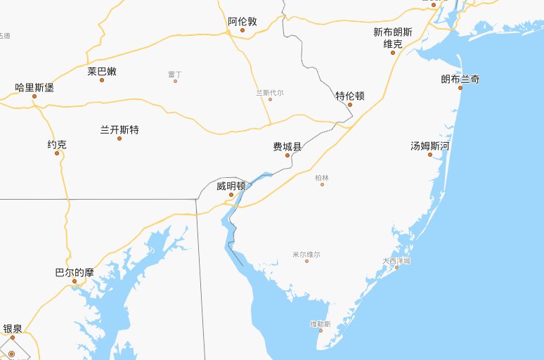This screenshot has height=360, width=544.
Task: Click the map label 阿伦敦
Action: click(242, 21)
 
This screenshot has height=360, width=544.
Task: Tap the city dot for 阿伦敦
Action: click(242, 30)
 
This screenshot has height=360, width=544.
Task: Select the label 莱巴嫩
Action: click(102, 71)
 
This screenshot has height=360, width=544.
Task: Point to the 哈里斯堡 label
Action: click(34, 88)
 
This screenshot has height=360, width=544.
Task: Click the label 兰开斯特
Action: click(119, 129)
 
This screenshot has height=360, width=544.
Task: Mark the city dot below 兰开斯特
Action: click(119, 139)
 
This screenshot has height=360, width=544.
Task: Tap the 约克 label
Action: click(57, 145)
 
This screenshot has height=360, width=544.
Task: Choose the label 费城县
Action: click(287, 146)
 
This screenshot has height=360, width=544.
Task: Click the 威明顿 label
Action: click(231, 186)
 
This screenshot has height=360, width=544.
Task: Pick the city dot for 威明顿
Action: click(231, 195)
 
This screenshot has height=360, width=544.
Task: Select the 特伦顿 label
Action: click(349, 96)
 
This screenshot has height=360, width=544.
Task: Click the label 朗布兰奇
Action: click(460, 79)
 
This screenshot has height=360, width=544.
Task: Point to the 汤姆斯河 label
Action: click(430, 146)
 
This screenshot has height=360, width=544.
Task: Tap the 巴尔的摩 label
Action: click(74, 272)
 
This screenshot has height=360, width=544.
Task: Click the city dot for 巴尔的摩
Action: click(74, 281)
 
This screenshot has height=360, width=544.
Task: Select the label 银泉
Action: click(13, 328)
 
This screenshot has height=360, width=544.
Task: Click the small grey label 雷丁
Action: click(175, 74)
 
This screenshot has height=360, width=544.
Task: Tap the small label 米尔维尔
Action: click(306, 254)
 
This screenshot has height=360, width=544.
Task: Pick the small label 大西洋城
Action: click(396, 260)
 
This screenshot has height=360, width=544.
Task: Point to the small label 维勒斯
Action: click(320, 323)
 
